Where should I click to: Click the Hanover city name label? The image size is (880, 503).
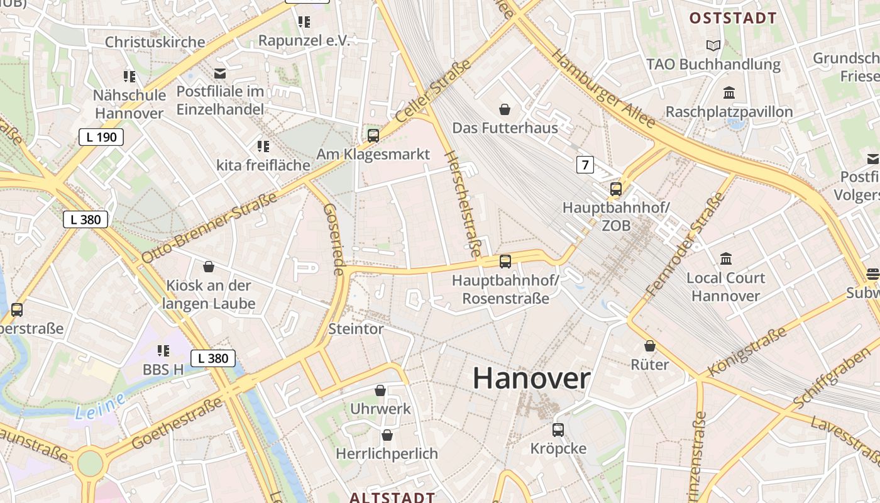click(x=531, y=379)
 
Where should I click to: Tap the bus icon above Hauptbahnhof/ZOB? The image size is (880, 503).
click(x=616, y=189)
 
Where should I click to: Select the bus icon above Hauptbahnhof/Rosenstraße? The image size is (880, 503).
click(x=505, y=261)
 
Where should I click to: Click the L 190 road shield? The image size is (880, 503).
click(x=101, y=137)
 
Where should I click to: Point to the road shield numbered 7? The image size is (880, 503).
click(x=585, y=165)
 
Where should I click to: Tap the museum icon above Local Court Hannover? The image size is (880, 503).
click(x=726, y=258)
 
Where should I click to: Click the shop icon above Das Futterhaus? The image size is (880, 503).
click(x=505, y=110)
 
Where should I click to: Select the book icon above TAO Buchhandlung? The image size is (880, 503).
click(x=713, y=45)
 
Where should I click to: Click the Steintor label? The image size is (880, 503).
click(x=356, y=329)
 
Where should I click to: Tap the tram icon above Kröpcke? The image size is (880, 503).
click(x=558, y=430)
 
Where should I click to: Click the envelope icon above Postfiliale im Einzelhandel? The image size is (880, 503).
click(x=220, y=74)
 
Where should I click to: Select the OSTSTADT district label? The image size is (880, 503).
click(x=733, y=18)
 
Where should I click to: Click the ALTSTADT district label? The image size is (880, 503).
click(x=392, y=497)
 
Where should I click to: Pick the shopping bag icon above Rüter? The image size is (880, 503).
click(x=650, y=346)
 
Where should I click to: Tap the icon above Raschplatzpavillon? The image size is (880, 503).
click(x=729, y=93)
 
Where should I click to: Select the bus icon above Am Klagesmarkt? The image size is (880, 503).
click(x=373, y=135)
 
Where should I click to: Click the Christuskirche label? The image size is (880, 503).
click(x=155, y=42)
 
